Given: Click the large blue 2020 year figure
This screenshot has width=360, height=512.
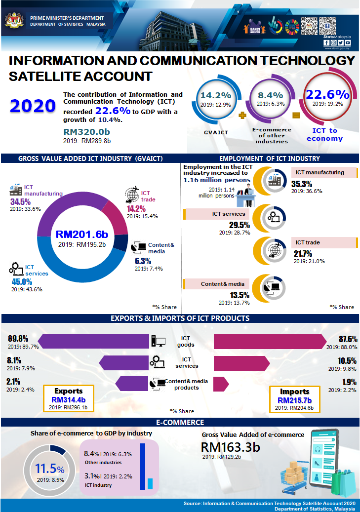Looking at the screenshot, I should click(x=33, y=106).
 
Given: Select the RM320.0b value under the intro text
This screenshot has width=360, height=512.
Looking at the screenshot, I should click(x=87, y=132).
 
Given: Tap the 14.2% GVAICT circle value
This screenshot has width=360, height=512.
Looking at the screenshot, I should click(x=216, y=95).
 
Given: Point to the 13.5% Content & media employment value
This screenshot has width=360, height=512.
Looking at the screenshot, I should click(x=240, y=295).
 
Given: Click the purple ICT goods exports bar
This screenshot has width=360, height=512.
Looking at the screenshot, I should click(x=93, y=340).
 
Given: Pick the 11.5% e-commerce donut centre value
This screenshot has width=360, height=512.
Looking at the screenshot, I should click(x=49, y=470).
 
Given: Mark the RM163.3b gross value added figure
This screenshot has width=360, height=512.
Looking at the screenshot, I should click(x=230, y=447).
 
